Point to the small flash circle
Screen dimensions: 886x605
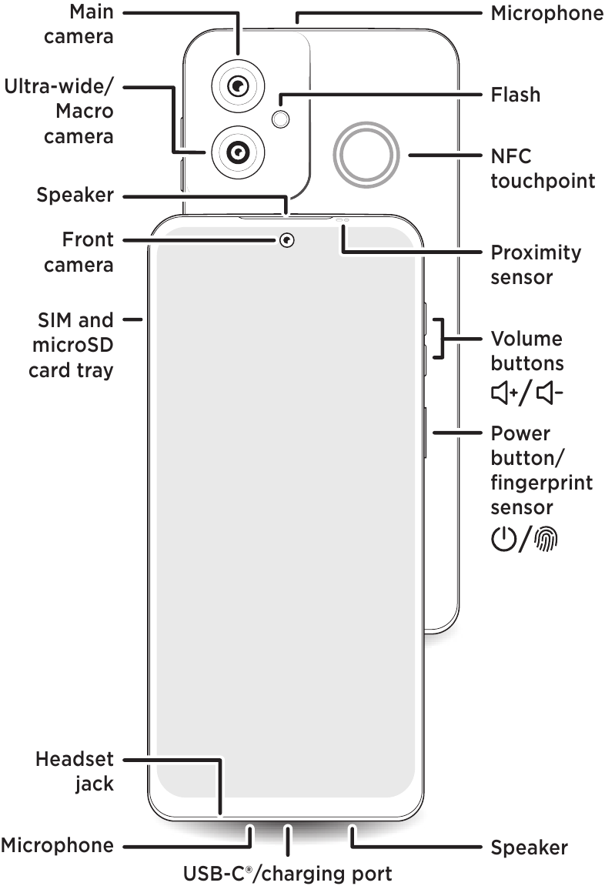[282, 118]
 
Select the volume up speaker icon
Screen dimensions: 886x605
[505, 394]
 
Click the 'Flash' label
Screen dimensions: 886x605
[515, 95]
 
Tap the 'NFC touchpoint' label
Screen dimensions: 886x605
[542, 169]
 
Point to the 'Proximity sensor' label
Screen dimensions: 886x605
[536, 264]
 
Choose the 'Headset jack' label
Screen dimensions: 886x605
[75, 771]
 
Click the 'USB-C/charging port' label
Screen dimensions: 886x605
[287, 874]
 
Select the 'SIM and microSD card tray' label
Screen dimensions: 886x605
[72, 345]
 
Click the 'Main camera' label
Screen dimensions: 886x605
[79, 24]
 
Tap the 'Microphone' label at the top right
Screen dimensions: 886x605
[547, 13]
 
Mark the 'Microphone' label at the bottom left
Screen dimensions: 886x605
[57, 846]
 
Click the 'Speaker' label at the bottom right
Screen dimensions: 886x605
[529, 848]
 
